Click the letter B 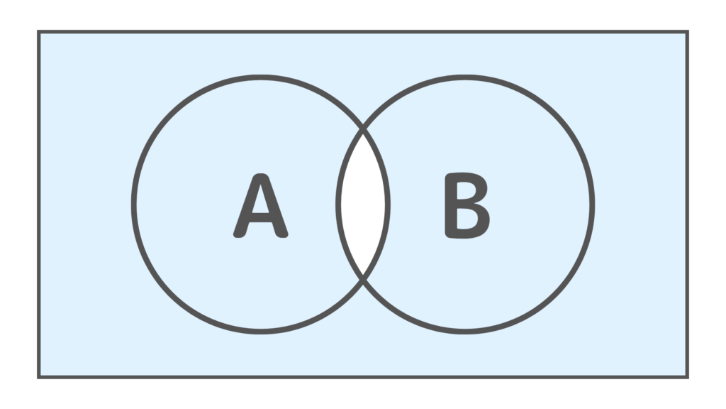pos(467,205)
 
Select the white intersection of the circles pos(363,204)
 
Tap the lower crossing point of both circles pos(363,280)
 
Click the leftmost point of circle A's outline pos(134,204)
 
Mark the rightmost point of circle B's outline pos(593,204)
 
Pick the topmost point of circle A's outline pos(261,77)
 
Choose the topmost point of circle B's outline pos(465,77)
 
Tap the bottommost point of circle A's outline pos(261,332)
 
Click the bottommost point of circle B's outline pos(465,332)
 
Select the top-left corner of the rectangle pos(39,31)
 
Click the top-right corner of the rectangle pos(688,31)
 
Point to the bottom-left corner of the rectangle pos(39,378)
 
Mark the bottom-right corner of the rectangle pos(688,378)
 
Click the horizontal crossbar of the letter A pos(261,217)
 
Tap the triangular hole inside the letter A pos(261,200)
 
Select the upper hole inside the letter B pos(464,190)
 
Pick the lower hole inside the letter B pos(466,219)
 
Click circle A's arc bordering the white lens pos(388,204)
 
